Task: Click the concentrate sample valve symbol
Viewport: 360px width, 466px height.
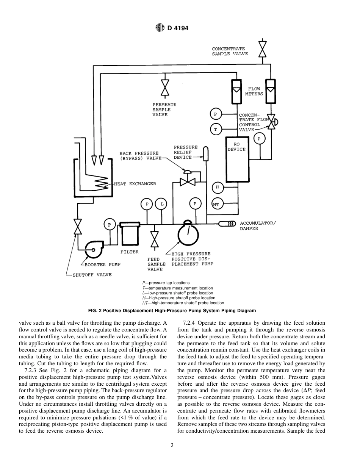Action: (x=262, y=49)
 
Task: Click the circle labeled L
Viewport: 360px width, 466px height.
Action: (x=162, y=204)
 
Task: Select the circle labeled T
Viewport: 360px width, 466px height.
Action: (x=216, y=129)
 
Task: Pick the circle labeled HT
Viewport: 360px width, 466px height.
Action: (x=216, y=204)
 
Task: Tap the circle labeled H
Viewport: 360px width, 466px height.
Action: (x=217, y=187)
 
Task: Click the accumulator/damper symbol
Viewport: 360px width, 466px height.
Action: (x=227, y=224)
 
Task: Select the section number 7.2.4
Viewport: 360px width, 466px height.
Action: (x=189, y=323)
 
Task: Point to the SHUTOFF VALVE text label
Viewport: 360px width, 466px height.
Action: (x=92, y=275)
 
